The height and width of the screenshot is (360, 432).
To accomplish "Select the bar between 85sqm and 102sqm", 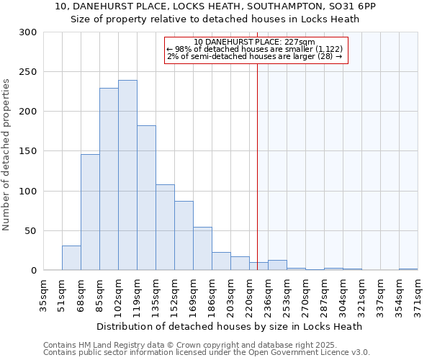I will tap(109, 179).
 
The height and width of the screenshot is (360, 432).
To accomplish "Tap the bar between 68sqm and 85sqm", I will tap(90, 212).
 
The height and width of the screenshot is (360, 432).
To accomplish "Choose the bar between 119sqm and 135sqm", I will tap(146, 198).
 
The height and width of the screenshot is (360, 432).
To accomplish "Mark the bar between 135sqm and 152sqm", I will tap(165, 228).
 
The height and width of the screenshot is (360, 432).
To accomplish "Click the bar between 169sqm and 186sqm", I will tap(202, 248).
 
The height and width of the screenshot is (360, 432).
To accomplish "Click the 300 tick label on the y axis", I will tap(28, 32).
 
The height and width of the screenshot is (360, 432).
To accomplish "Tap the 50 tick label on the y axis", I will tap(30, 231).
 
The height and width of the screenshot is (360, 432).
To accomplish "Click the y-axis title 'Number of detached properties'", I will tap(6, 155).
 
